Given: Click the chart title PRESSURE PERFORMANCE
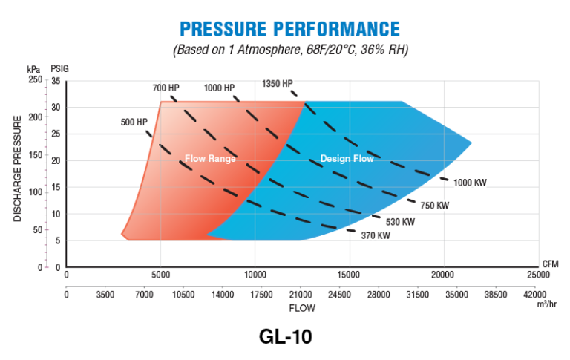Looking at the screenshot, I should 289,29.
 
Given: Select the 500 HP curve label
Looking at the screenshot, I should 134,122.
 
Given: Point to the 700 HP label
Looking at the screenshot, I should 166,88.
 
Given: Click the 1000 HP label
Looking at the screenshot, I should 219,88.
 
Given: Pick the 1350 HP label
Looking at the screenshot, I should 278,84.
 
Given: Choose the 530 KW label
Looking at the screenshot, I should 400,221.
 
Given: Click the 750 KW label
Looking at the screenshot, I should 434,205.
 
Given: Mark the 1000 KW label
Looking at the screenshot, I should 471,183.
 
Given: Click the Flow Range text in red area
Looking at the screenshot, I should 211,158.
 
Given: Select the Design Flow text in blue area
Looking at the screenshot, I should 347,158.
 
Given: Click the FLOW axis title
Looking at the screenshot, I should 302,307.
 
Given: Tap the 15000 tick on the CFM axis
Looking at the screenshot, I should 349,275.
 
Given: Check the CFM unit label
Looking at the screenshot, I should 550,264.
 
